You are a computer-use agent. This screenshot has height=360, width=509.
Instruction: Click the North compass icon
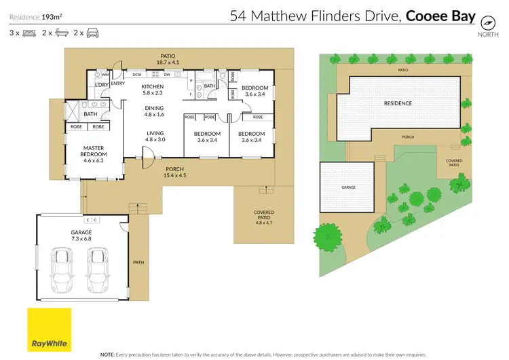486,22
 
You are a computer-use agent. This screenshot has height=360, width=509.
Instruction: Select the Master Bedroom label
93,153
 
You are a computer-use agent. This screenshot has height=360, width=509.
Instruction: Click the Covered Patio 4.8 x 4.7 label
264,217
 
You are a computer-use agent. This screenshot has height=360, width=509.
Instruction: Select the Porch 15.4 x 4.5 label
174,172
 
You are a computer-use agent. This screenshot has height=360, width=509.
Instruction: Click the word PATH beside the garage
139,262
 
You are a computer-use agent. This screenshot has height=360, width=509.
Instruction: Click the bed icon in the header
29,33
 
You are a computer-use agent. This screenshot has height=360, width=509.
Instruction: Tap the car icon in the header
91,33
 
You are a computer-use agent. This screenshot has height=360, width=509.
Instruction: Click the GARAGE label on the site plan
348,187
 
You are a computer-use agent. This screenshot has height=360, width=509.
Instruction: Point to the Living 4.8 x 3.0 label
155,136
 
